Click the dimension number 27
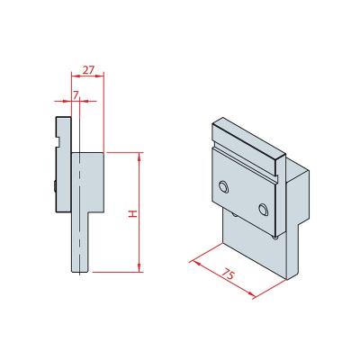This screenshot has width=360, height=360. tap(88, 70)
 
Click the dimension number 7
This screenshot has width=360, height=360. tap(76, 95)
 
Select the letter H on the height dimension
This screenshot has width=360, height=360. tap(132, 214)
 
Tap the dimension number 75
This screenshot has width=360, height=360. tap(229, 274)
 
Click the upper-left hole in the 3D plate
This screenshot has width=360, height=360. tap(223, 187)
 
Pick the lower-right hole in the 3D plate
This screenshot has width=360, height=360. tap(263, 210)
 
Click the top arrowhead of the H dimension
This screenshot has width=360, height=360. tap(139, 156)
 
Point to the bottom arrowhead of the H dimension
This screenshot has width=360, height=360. tap(139, 268)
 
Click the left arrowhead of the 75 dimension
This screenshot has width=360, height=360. tap(196, 264)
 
